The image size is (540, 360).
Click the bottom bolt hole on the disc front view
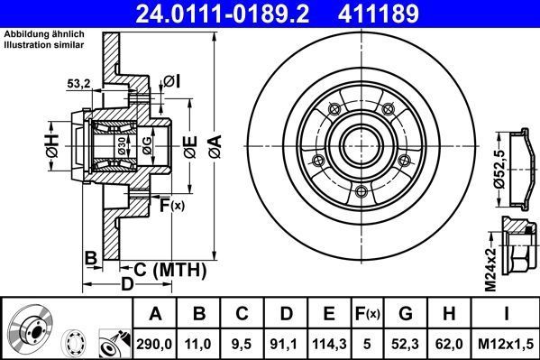360,190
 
